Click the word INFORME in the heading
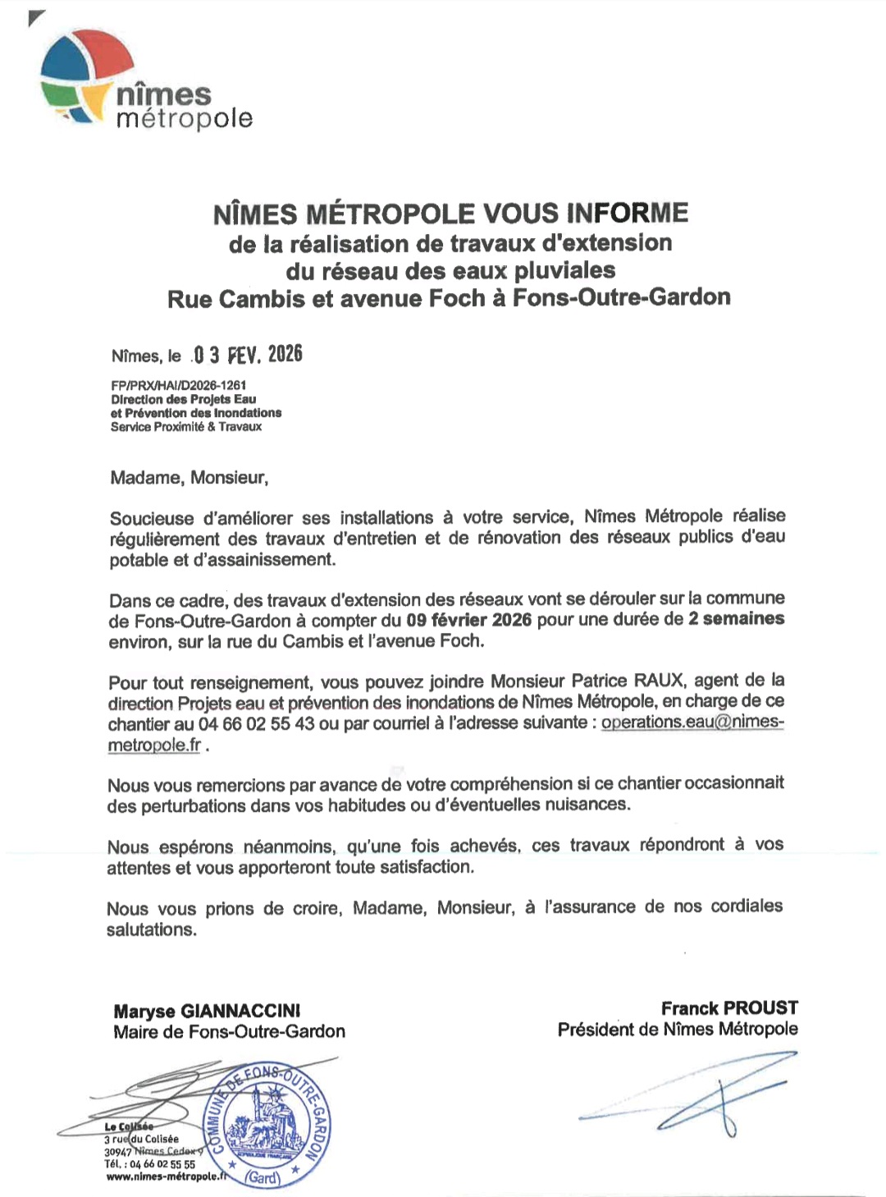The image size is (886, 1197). (627, 213)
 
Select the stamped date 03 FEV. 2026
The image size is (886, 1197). (247, 355)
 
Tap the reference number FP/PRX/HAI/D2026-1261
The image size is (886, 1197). (178, 385)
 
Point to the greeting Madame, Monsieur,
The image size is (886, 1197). (189, 478)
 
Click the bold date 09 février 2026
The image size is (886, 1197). (468, 620)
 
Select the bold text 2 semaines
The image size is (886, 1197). (736, 619)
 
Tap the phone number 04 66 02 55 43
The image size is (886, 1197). (256, 724)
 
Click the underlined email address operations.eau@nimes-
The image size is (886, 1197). (692, 723)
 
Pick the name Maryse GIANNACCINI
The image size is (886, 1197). (207, 1011)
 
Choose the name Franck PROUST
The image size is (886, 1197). (729, 1008)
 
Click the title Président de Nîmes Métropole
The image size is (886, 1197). (678, 1030)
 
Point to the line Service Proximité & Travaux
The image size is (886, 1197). (186, 427)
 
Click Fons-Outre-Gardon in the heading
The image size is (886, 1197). (621, 297)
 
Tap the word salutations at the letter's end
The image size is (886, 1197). (151, 930)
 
